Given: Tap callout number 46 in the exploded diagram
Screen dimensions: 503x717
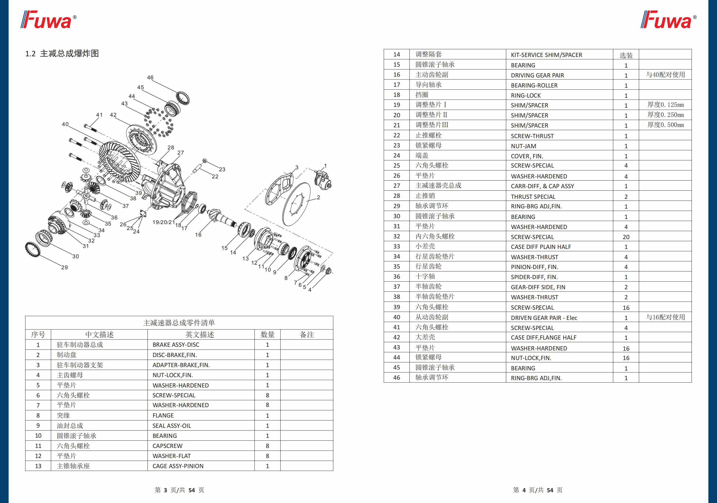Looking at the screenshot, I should coord(150,77).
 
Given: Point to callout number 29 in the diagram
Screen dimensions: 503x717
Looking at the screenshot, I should coord(64,267).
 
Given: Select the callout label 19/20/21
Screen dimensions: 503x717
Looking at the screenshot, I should coord(163,222).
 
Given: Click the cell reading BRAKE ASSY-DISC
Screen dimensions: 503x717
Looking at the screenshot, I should coord(175,345).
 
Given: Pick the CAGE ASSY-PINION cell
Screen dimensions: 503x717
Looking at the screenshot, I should coord(178,466).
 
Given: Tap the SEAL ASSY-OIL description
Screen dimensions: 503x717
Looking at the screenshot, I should coord(172,426).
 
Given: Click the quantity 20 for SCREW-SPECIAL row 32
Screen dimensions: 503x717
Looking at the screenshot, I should coord(626,237).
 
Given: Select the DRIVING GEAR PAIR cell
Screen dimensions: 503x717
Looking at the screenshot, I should coord(537,75).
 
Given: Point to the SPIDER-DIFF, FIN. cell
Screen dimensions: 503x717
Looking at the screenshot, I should coord(534,277).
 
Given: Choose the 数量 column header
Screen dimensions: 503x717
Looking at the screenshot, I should coord(267,335).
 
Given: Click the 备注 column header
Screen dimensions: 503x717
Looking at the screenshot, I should coord(307,335).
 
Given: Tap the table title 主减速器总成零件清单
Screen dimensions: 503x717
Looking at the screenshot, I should coord(179,323).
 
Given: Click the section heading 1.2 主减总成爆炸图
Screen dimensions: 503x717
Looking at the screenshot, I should coord(62,54).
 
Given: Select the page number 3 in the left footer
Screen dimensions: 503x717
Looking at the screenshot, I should coord(165,490).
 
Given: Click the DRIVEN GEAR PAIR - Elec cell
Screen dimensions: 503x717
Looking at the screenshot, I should coord(544,318).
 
